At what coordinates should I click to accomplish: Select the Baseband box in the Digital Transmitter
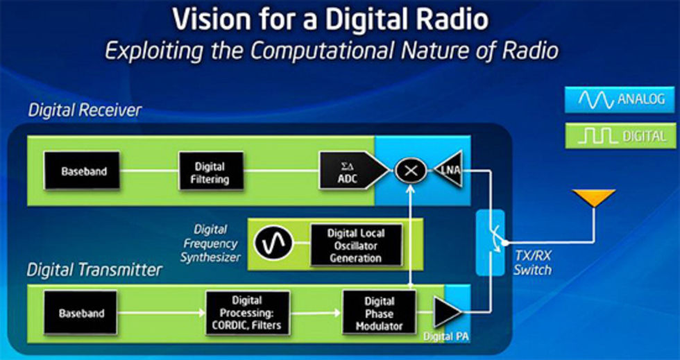[80, 314]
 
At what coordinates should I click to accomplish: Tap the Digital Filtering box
[209, 172]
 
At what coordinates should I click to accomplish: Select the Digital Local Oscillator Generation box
[355, 245]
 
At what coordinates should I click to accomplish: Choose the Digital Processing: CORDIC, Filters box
[247, 313]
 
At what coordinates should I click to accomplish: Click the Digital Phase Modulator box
[379, 312]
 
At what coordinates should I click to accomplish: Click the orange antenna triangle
[592, 198]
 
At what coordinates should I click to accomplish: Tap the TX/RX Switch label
[533, 263]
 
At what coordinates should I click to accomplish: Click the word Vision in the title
[209, 19]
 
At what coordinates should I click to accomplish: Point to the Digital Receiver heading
[85, 110]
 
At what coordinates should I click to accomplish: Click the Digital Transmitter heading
[95, 268]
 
